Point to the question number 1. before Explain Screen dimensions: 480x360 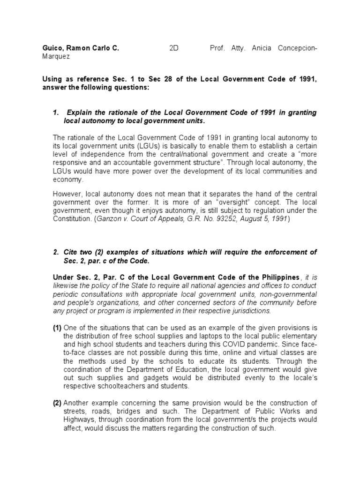(x=57, y=112)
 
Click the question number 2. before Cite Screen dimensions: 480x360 (x=56, y=252)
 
